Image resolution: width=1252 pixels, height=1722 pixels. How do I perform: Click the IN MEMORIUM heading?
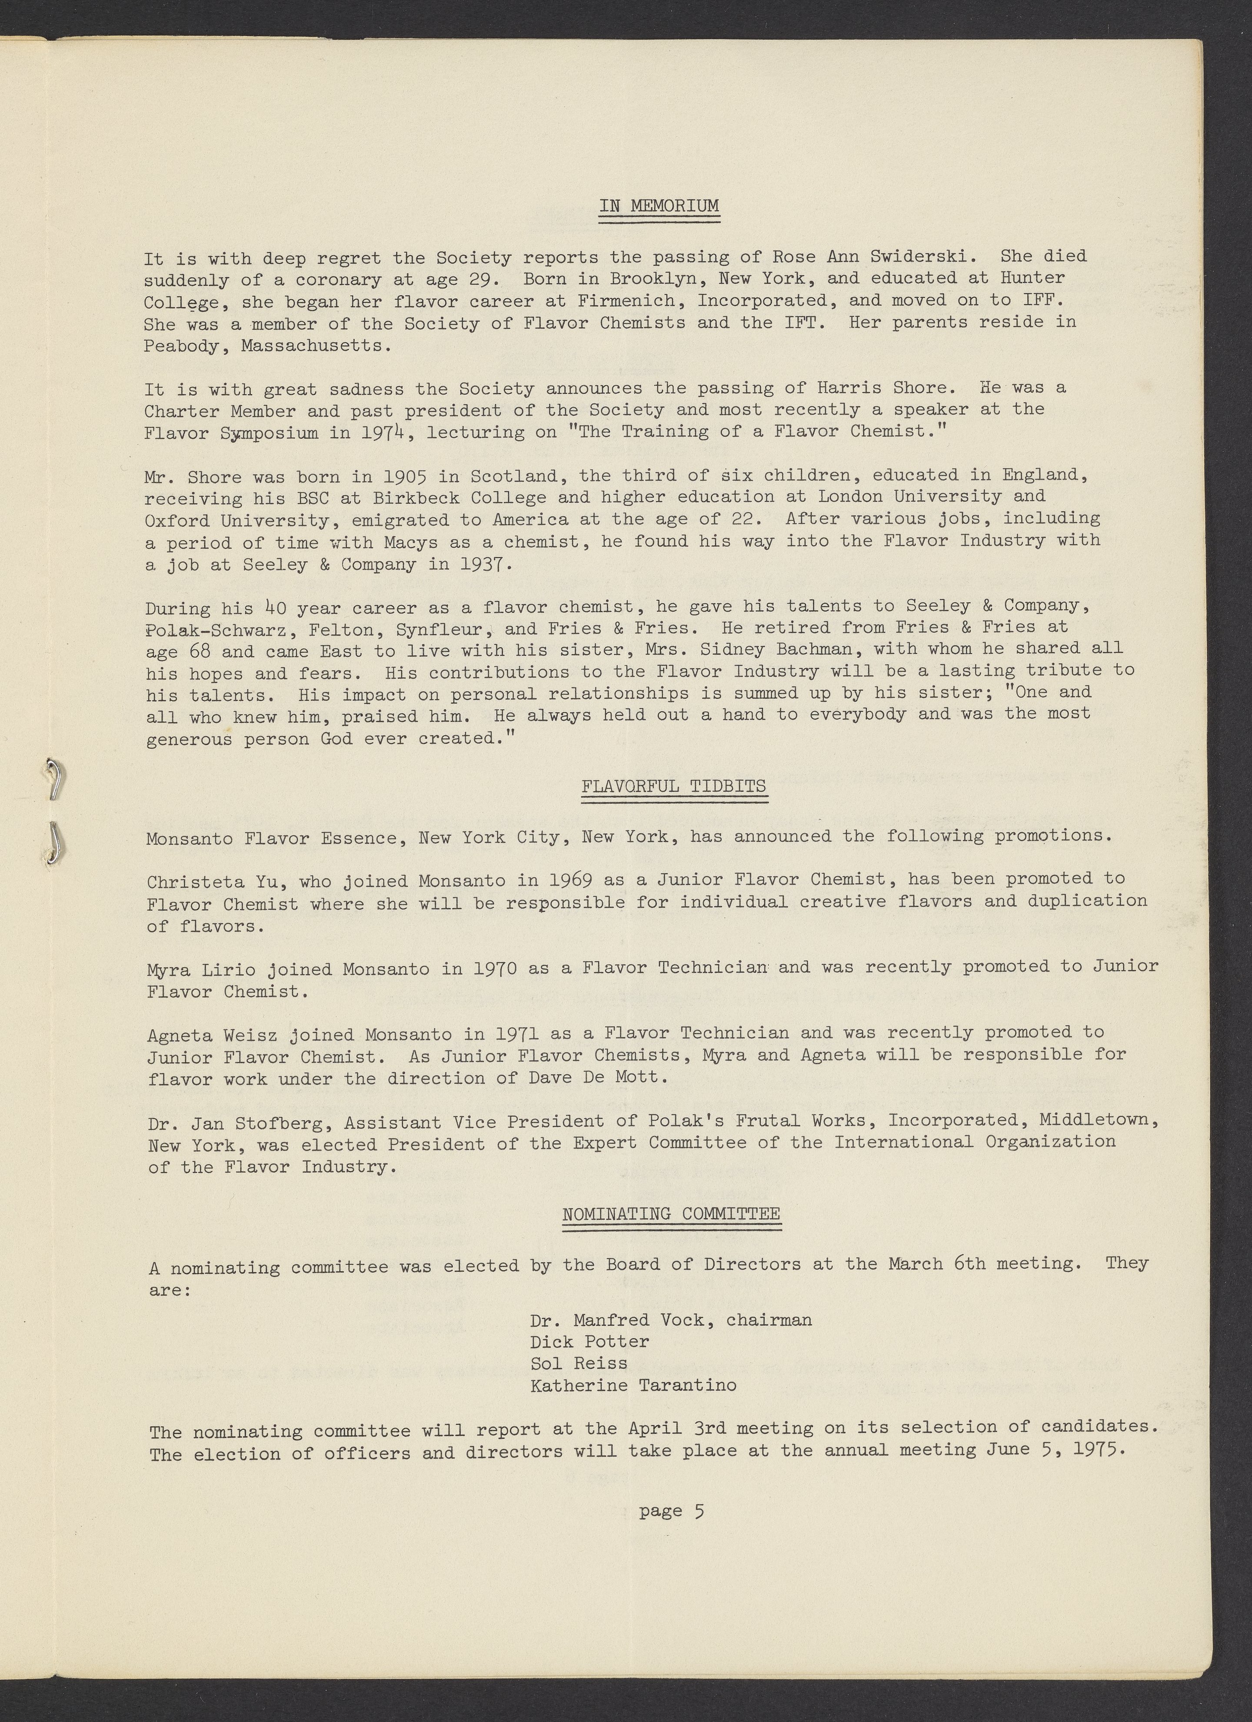(659, 206)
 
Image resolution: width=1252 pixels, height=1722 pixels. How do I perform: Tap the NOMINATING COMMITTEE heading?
(671, 1213)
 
